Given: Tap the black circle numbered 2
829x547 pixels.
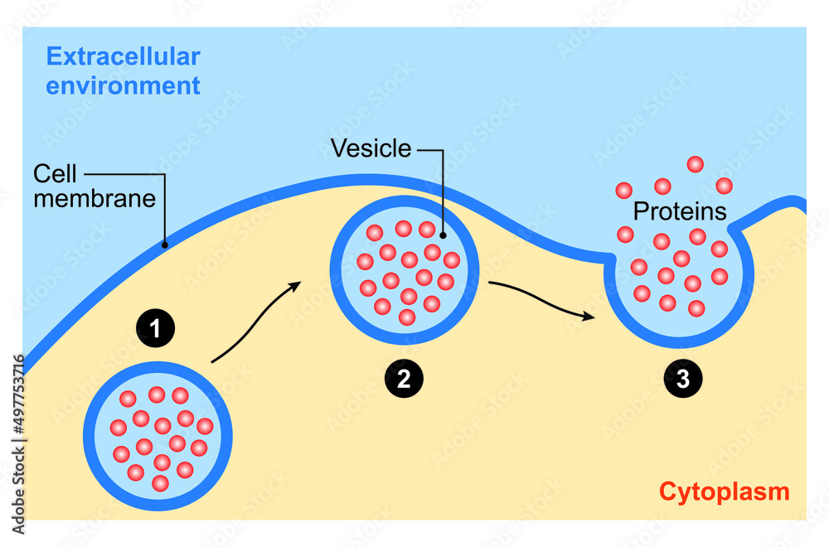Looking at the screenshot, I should pos(404,379).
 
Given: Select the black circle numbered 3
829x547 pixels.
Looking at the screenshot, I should pos(682,379).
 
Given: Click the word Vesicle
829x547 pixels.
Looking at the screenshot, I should pos(371,148).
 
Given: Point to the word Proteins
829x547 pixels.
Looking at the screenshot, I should pos(680,211).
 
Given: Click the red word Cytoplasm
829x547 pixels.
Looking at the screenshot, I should pos(724,491).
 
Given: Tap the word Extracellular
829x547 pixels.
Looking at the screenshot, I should pos(123,57).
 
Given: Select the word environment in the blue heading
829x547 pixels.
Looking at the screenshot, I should pos(123,85).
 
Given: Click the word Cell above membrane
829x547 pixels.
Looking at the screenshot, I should pos(55,174).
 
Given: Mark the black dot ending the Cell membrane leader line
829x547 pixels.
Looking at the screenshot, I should pos(165,244).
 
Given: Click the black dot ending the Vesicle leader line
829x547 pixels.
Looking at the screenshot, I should pos(444,235).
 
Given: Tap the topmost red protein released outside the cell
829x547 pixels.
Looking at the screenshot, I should pos(695,164).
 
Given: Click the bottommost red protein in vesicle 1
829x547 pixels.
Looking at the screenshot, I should pos(161,482).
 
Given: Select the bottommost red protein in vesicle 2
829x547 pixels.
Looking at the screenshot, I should pos(406,317).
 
